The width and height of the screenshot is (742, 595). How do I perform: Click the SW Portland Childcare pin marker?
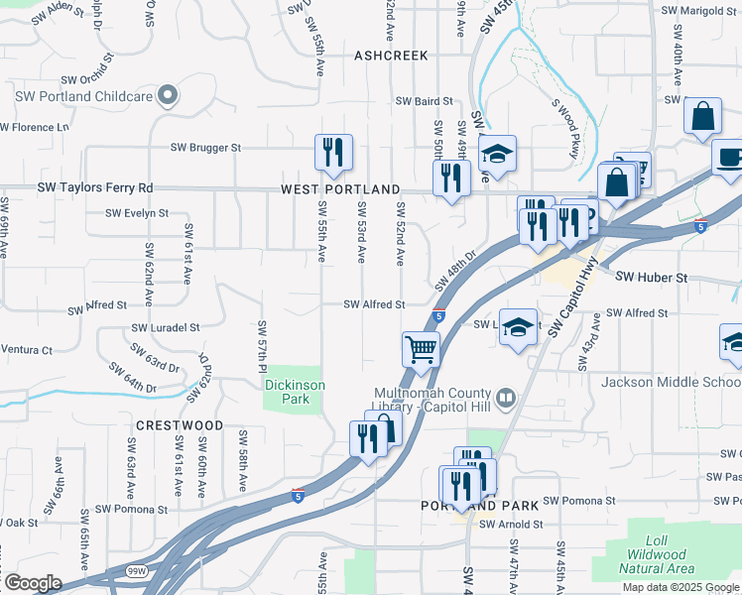pos(169,96)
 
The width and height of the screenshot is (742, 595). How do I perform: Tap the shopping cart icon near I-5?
pos(421,349)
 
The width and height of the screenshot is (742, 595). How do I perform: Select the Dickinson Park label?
pos(294,392)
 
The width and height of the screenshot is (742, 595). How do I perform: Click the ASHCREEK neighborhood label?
pos(391,56)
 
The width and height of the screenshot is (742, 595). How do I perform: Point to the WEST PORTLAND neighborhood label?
pos(340,188)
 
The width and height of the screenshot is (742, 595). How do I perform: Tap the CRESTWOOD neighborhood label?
pos(180,424)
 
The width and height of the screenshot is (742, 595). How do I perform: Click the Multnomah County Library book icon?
pos(506,399)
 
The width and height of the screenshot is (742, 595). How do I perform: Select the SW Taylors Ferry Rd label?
pos(95,187)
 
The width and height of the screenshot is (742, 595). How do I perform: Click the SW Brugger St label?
pos(205,147)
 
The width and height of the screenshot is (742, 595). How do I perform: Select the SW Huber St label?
pos(652,279)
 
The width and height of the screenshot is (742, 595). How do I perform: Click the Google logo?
pos(32,582)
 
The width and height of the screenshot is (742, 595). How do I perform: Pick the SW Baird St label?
pos(424,101)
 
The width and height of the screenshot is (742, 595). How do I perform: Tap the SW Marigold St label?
pos(700,10)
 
